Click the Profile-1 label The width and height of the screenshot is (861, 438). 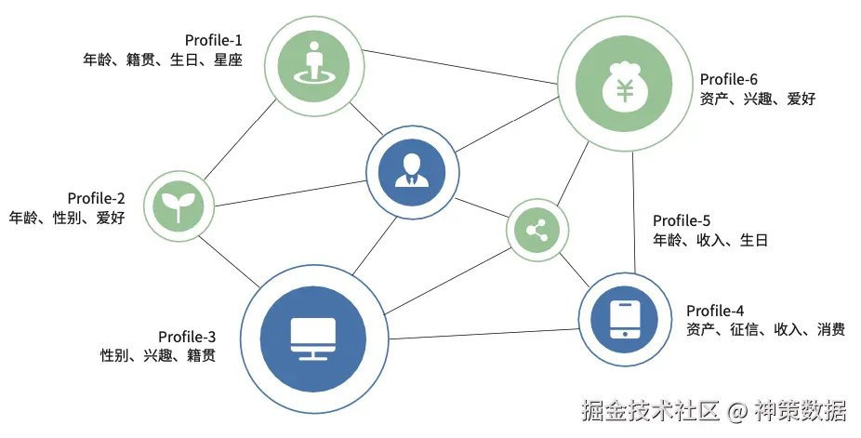click(x=213, y=40)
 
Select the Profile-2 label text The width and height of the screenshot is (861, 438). click(x=96, y=198)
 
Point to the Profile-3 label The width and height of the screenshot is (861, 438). click(x=187, y=336)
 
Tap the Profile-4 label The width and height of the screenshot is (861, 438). click(x=715, y=310)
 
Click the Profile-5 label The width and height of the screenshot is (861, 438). click(x=682, y=220)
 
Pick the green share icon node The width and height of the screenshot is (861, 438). click(x=536, y=231)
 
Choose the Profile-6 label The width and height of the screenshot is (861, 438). click(x=729, y=79)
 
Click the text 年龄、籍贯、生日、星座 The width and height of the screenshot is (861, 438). click(x=162, y=60)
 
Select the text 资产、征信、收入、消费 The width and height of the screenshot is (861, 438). click(x=765, y=329)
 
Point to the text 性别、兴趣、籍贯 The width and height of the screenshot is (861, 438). click(x=157, y=355)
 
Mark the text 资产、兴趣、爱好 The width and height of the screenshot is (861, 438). click(x=757, y=99)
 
